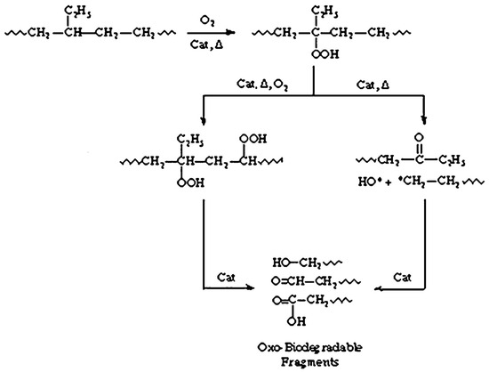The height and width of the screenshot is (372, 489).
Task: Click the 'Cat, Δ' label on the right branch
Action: click(374, 83)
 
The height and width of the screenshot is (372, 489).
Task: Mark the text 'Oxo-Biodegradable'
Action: click(295, 344)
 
